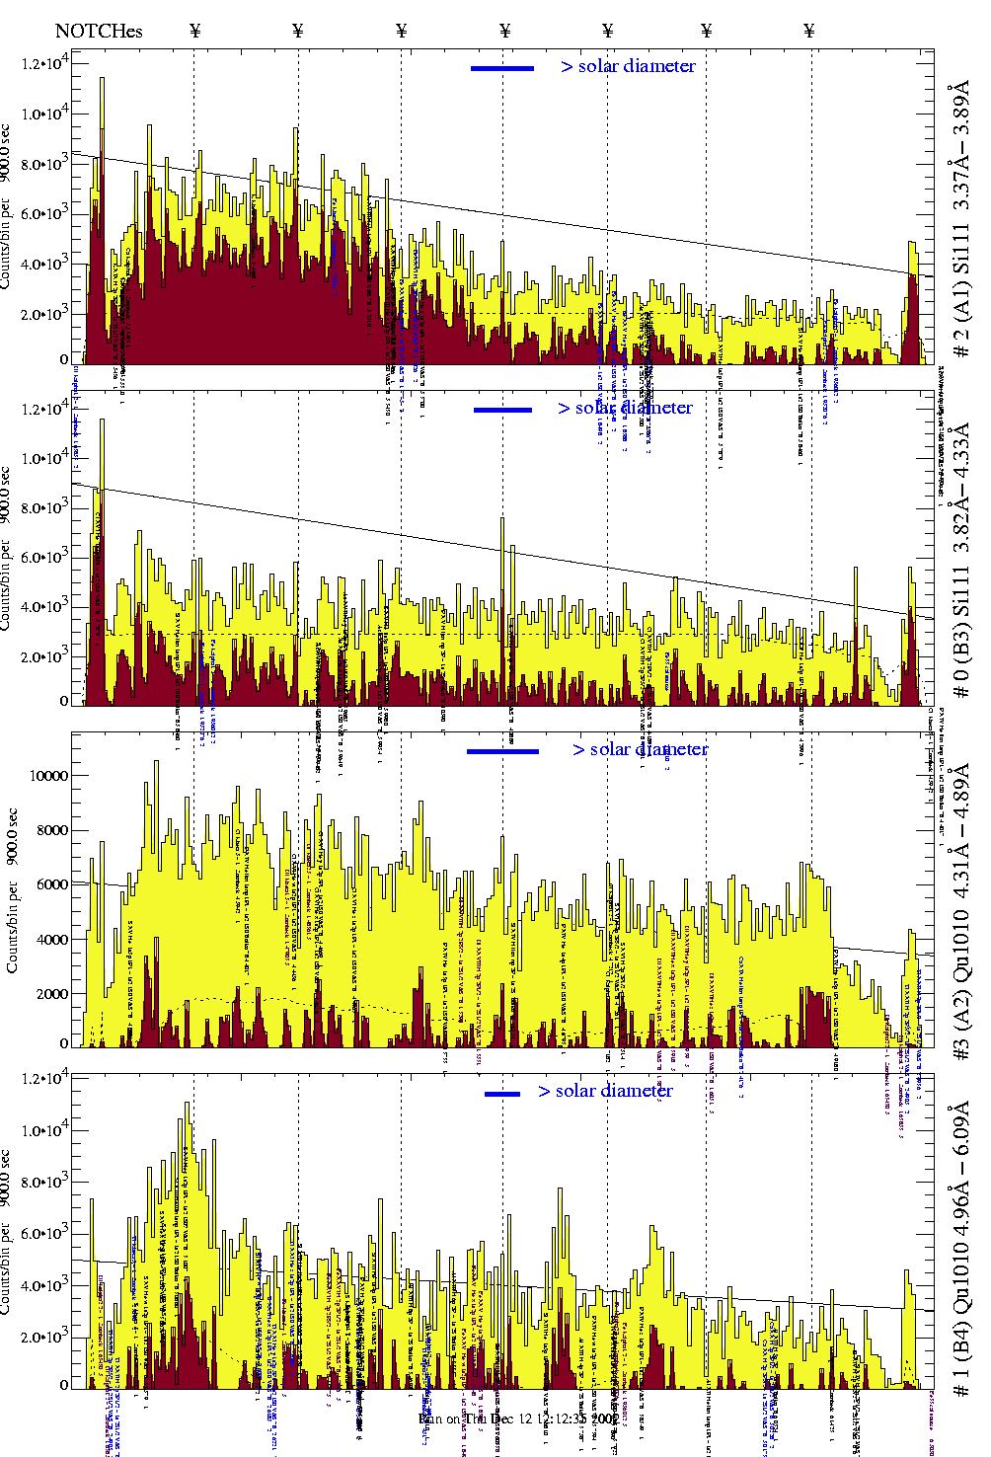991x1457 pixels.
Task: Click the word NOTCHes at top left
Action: tap(99, 31)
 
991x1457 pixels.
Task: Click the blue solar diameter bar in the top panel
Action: tap(502, 68)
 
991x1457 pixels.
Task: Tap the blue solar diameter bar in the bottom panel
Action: tap(502, 1094)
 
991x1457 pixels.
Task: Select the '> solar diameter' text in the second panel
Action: tap(625, 408)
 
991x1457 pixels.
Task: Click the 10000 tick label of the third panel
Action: tap(49, 776)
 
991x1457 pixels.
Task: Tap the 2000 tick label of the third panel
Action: tap(51, 994)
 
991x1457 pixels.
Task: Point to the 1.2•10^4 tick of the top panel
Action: tap(45, 63)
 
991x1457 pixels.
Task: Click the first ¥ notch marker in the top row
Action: tap(194, 31)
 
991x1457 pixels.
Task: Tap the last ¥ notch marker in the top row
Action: tap(809, 31)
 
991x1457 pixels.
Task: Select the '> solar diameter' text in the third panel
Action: tap(640, 749)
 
